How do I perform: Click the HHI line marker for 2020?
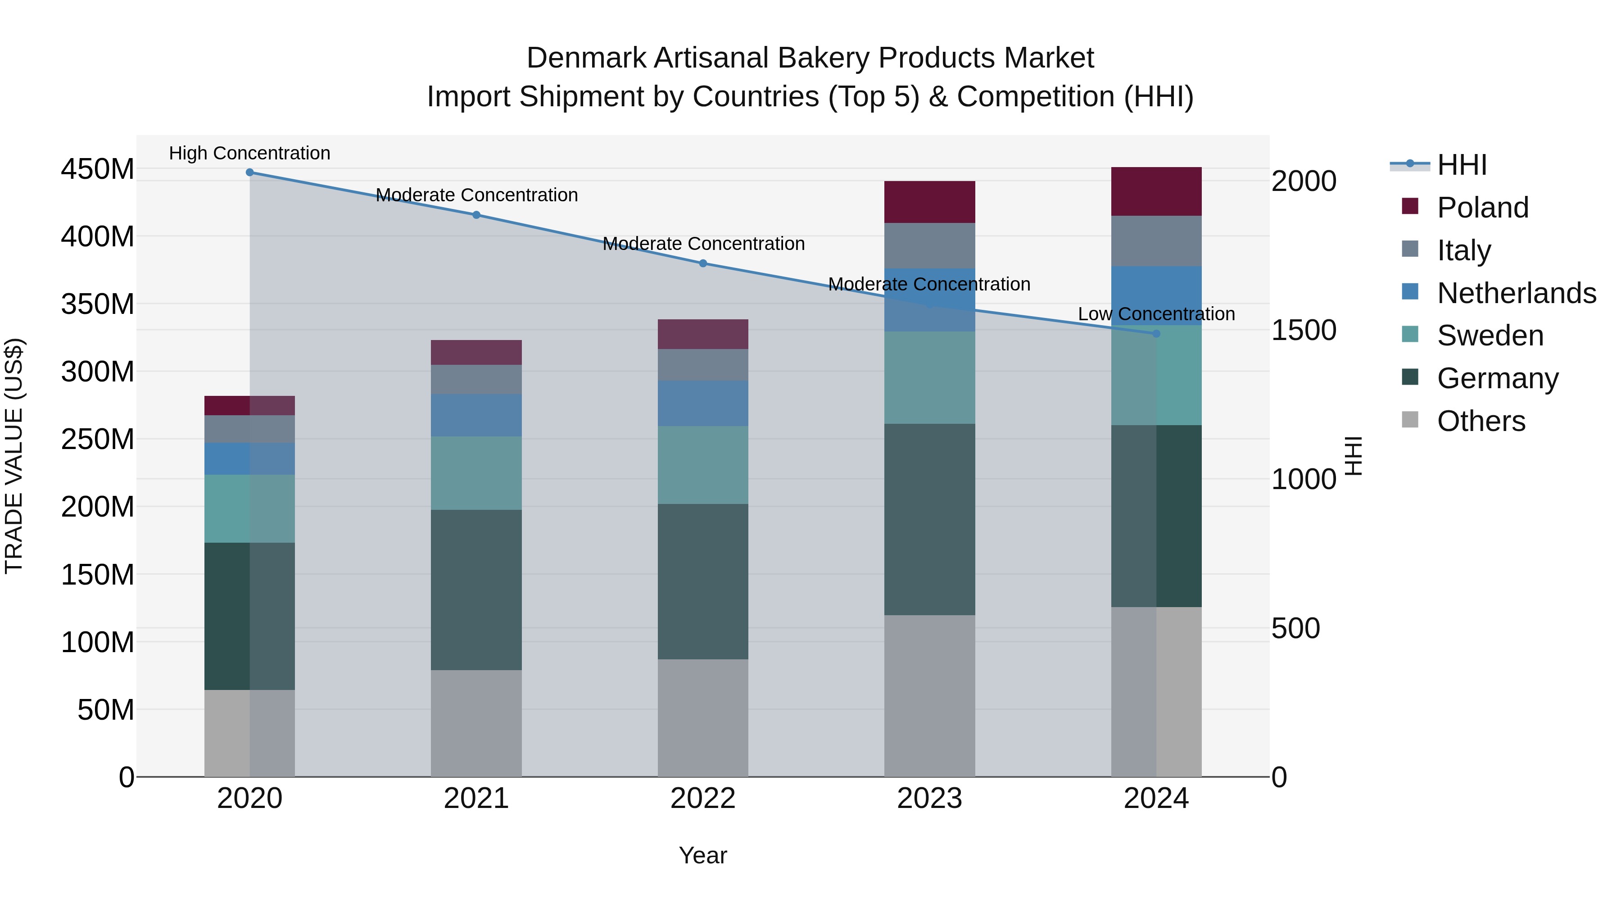pos(250,172)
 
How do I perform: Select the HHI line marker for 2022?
pos(703,263)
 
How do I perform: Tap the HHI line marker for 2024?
pos(1156,334)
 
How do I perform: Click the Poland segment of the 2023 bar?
pos(929,202)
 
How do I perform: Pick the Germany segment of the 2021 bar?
pos(476,590)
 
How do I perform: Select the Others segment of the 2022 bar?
pos(703,717)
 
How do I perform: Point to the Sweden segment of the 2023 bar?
pos(929,378)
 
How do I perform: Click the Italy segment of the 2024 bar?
pos(1156,241)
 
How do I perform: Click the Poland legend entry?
pos(1482,208)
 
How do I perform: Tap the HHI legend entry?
pos(1461,165)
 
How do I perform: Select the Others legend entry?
pos(1481,421)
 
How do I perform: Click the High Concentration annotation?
pos(250,153)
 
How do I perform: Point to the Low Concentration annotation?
pos(1156,313)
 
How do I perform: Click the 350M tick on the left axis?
pos(98,304)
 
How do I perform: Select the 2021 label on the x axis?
pos(476,799)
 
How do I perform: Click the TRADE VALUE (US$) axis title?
pos(14,456)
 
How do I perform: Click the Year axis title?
pos(703,855)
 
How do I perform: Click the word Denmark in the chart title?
pos(586,58)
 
